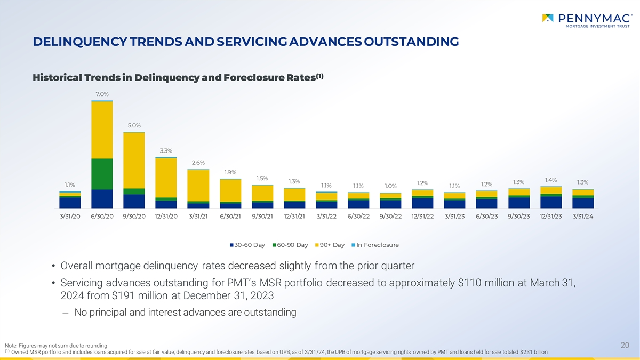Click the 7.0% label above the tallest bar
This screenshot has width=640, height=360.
pyautogui.click(x=102, y=94)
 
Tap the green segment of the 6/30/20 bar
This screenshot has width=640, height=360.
pyautogui.click(x=102, y=174)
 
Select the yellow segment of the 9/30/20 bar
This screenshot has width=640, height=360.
pyautogui.click(x=134, y=160)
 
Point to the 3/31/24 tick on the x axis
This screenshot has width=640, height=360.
pyautogui.click(x=583, y=216)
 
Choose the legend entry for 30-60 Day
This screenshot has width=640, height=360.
pyautogui.click(x=247, y=245)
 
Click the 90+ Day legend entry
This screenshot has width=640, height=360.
pyautogui.click(x=331, y=245)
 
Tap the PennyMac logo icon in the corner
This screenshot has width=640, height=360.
pyautogui.click(x=548, y=18)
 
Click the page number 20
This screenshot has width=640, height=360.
pyautogui.click(x=626, y=346)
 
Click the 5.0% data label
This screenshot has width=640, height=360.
pyautogui.click(x=134, y=125)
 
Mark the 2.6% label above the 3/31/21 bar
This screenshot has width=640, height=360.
pyautogui.click(x=198, y=163)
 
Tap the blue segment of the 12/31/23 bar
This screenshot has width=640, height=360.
pyautogui.click(x=550, y=202)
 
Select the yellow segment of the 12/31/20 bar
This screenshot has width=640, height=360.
pyautogui.click(x=166, y=178)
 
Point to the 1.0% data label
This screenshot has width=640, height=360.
pyautogui.click(x=390, y=186)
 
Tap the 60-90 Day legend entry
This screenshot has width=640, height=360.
pyautogui.click(x=290, y=245)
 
